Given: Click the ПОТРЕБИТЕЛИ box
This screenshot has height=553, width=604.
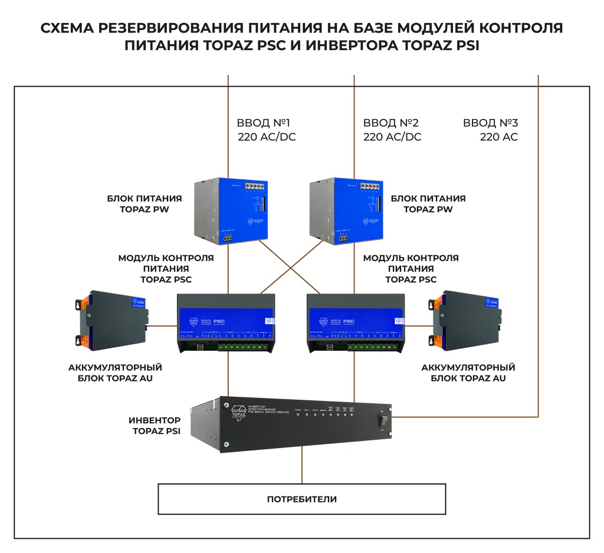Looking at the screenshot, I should (x=301, y=499).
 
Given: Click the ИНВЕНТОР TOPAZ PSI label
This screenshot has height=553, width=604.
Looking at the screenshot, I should (x=155, y=426).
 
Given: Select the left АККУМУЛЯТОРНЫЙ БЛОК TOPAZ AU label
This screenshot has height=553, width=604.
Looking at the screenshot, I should (x=116, y=373).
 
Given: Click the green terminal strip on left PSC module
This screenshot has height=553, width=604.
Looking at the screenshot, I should (x=248, y=347).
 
